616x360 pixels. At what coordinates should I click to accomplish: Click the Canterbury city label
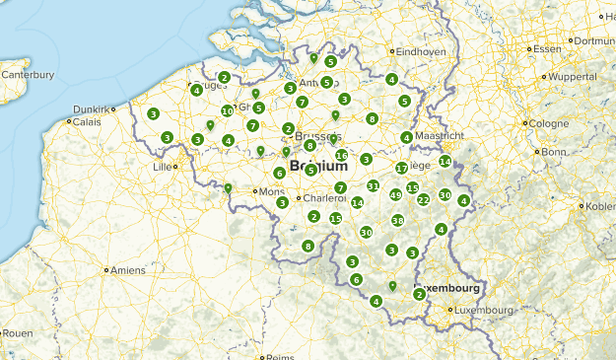27,74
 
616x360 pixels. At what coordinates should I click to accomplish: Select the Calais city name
86,122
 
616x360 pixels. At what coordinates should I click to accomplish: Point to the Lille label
161,167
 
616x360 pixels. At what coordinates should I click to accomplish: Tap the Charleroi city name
324,198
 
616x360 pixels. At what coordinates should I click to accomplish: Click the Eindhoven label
422,51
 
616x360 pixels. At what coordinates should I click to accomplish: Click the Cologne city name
548,123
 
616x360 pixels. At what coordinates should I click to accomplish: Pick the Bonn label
553,152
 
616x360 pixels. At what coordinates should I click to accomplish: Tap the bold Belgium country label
318,167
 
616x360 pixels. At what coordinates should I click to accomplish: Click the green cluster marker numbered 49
395,195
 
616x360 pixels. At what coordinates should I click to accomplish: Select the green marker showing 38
398,220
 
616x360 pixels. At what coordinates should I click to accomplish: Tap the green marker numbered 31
373,186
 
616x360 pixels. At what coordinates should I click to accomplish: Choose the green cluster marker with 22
423,199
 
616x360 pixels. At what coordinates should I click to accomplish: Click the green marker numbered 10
228,111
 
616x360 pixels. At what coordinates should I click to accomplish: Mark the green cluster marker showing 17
401,169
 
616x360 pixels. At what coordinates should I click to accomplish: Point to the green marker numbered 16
342,155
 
